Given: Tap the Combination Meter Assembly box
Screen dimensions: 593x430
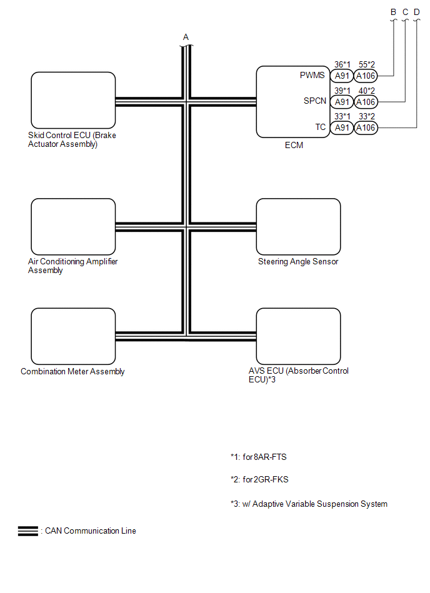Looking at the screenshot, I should coord(73,336).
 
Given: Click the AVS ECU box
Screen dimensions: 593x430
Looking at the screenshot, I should coord(298,336).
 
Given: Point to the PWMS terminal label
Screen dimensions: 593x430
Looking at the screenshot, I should coord(312,76).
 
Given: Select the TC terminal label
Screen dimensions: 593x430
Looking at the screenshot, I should coord(320,127).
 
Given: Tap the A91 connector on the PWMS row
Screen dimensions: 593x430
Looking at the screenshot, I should coord(341,76).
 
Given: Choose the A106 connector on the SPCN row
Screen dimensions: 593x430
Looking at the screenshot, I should coord(366,102).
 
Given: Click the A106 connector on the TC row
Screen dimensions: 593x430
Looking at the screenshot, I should coord(366,127).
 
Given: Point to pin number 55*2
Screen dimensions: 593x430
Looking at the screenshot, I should coord(366,64).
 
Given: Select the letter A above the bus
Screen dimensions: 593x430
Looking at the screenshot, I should coord(186,37).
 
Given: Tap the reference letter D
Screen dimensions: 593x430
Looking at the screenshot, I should coord(417,12).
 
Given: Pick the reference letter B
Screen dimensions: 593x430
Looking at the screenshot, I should coord(394,12).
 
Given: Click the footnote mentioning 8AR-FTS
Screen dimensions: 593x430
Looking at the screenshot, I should coord(259,457).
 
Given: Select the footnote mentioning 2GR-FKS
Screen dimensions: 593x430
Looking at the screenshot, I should coord(259,480).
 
